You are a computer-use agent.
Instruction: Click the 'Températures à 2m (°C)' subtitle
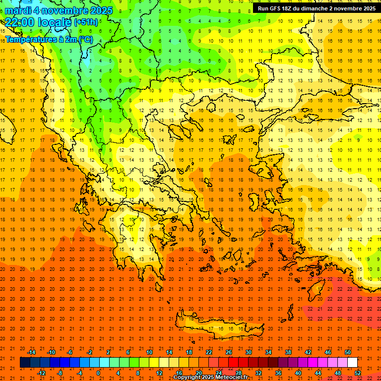[49, 39]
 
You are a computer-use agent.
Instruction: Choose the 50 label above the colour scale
[347, 352]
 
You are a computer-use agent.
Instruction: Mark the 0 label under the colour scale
[98, 373]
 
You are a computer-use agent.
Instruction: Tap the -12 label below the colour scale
[41, 373]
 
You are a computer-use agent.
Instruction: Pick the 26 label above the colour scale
[229, 352]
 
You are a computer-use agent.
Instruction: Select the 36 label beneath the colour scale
[278, 373]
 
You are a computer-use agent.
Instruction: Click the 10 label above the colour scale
[149, 352]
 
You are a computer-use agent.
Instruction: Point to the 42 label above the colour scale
[308, 352]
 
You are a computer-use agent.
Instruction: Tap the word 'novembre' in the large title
[66, 10]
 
